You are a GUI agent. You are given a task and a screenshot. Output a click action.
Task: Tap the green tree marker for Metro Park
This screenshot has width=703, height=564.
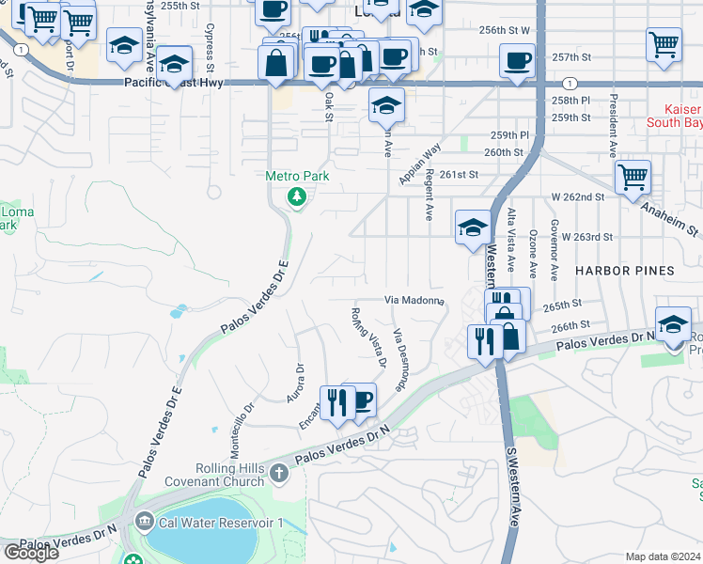coord(297,196)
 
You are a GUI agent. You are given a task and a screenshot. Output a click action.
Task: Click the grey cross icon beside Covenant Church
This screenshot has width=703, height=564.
coord(279,474)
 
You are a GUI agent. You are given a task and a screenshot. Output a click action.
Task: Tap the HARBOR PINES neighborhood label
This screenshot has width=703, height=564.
coord(625,271)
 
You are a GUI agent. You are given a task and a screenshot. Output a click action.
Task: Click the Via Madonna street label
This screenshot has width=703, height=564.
coord(414,300)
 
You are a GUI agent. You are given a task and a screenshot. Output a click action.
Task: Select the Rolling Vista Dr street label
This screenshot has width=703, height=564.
coord(368,336)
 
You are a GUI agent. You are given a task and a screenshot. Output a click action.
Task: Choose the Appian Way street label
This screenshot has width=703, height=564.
coord(419,164)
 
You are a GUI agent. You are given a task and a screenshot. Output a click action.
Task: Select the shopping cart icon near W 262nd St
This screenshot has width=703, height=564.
coord(633,176)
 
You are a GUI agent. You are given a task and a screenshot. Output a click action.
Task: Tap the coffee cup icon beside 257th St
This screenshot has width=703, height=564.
coord(518,62)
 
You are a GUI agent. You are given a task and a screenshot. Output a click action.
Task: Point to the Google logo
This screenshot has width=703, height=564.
coord(31,553)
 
